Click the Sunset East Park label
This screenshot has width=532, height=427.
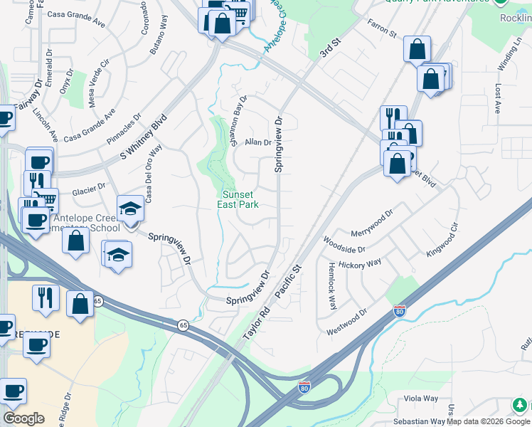tap(238, 199)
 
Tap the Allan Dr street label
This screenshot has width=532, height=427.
tap(258, 142)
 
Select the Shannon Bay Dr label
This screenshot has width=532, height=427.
tap(238, 121)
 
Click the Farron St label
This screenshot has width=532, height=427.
tap(381, 28)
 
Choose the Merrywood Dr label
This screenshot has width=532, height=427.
tap(371, 223)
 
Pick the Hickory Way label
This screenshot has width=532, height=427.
tap(360, 265)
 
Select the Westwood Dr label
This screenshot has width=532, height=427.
tap(346, 322)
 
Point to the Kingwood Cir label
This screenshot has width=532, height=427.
tap(443, 242)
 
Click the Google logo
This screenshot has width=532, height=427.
tap(23, 418)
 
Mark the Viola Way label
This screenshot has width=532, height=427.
tap(421, 399)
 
